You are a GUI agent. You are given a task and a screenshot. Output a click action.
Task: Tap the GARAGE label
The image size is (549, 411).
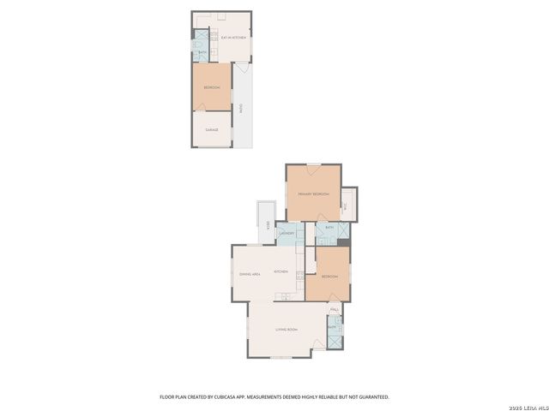point(212,130)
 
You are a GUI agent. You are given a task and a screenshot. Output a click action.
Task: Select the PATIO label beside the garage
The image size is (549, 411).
point(241,109)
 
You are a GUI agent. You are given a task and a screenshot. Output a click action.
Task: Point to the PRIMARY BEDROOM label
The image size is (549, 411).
point(313,194)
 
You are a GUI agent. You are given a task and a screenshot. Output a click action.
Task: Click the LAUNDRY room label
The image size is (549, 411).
point(287,233)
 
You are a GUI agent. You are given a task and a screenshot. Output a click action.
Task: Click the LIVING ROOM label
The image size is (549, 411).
point(286,330)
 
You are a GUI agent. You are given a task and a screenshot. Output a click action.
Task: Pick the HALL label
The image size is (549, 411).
point(334,309)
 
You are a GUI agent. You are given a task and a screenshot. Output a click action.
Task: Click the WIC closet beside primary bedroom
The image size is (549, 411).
point(343,205)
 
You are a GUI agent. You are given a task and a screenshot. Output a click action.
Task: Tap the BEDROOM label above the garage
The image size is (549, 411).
point(211,88)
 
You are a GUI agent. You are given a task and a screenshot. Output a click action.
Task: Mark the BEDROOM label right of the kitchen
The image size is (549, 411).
point(329,277)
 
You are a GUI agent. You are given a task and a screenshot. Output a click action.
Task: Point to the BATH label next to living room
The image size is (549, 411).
point(333,328)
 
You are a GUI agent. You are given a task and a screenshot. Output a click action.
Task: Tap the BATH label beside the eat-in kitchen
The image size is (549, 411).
point(202,52)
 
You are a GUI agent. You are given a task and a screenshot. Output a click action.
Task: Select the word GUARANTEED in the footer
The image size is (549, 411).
point(372,397)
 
